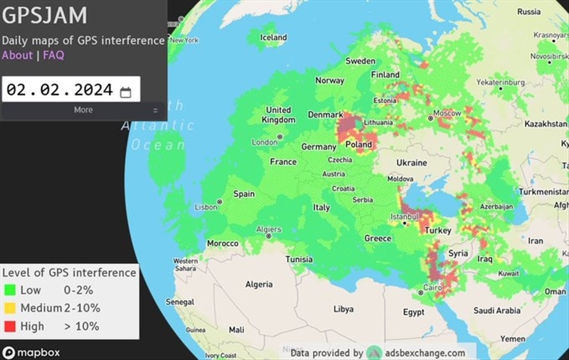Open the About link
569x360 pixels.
17,55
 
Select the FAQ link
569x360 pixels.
53,55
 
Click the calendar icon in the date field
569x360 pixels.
125,91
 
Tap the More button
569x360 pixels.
83,110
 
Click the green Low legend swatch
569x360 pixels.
9,290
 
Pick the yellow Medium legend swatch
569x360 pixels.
9,308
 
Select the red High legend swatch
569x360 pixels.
9,327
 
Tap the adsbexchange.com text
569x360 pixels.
426,352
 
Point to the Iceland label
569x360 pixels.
273,38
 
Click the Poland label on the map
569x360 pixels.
358,144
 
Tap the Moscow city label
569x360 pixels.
447,113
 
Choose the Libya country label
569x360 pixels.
344,309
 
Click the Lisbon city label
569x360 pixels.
206,207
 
